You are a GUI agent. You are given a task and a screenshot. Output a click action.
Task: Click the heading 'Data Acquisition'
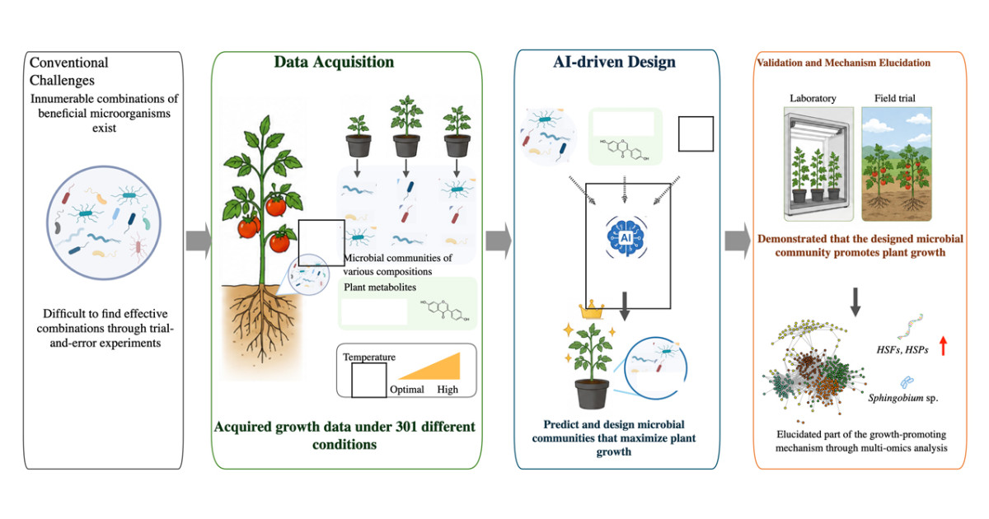click(334, 63)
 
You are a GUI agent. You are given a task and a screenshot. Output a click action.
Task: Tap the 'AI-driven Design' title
click(614, 63)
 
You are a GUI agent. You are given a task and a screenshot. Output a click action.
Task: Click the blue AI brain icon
click(626, 237)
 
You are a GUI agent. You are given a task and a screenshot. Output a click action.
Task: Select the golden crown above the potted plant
click(591, 310)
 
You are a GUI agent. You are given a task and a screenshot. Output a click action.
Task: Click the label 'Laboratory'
click(813, 98)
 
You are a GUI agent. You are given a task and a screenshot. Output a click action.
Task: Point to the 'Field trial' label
click(894, 98)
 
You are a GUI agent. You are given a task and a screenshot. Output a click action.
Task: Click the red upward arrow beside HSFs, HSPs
click(943, 345)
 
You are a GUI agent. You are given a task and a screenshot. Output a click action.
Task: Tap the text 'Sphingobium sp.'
click(903, 398)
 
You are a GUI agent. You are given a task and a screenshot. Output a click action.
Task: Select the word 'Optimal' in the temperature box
click(406, 390)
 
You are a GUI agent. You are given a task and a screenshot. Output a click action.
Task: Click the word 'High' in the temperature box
click(448, 390)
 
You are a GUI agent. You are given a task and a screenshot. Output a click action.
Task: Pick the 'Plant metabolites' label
click(380, 288)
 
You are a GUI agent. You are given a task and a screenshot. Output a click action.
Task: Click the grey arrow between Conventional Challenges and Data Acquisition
click(199, 241)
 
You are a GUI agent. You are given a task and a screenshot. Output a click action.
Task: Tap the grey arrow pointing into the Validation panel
click(738, 241)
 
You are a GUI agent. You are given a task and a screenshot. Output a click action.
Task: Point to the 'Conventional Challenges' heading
click(69, 72)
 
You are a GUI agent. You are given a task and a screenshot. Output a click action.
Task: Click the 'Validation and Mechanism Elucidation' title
click(843, 63)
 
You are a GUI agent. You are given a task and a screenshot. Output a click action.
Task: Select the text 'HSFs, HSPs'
click(902, 350)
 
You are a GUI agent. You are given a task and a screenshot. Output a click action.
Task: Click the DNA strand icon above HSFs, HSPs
click(911, 325)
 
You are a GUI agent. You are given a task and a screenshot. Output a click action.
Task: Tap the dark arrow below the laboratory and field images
click(855, 302)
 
